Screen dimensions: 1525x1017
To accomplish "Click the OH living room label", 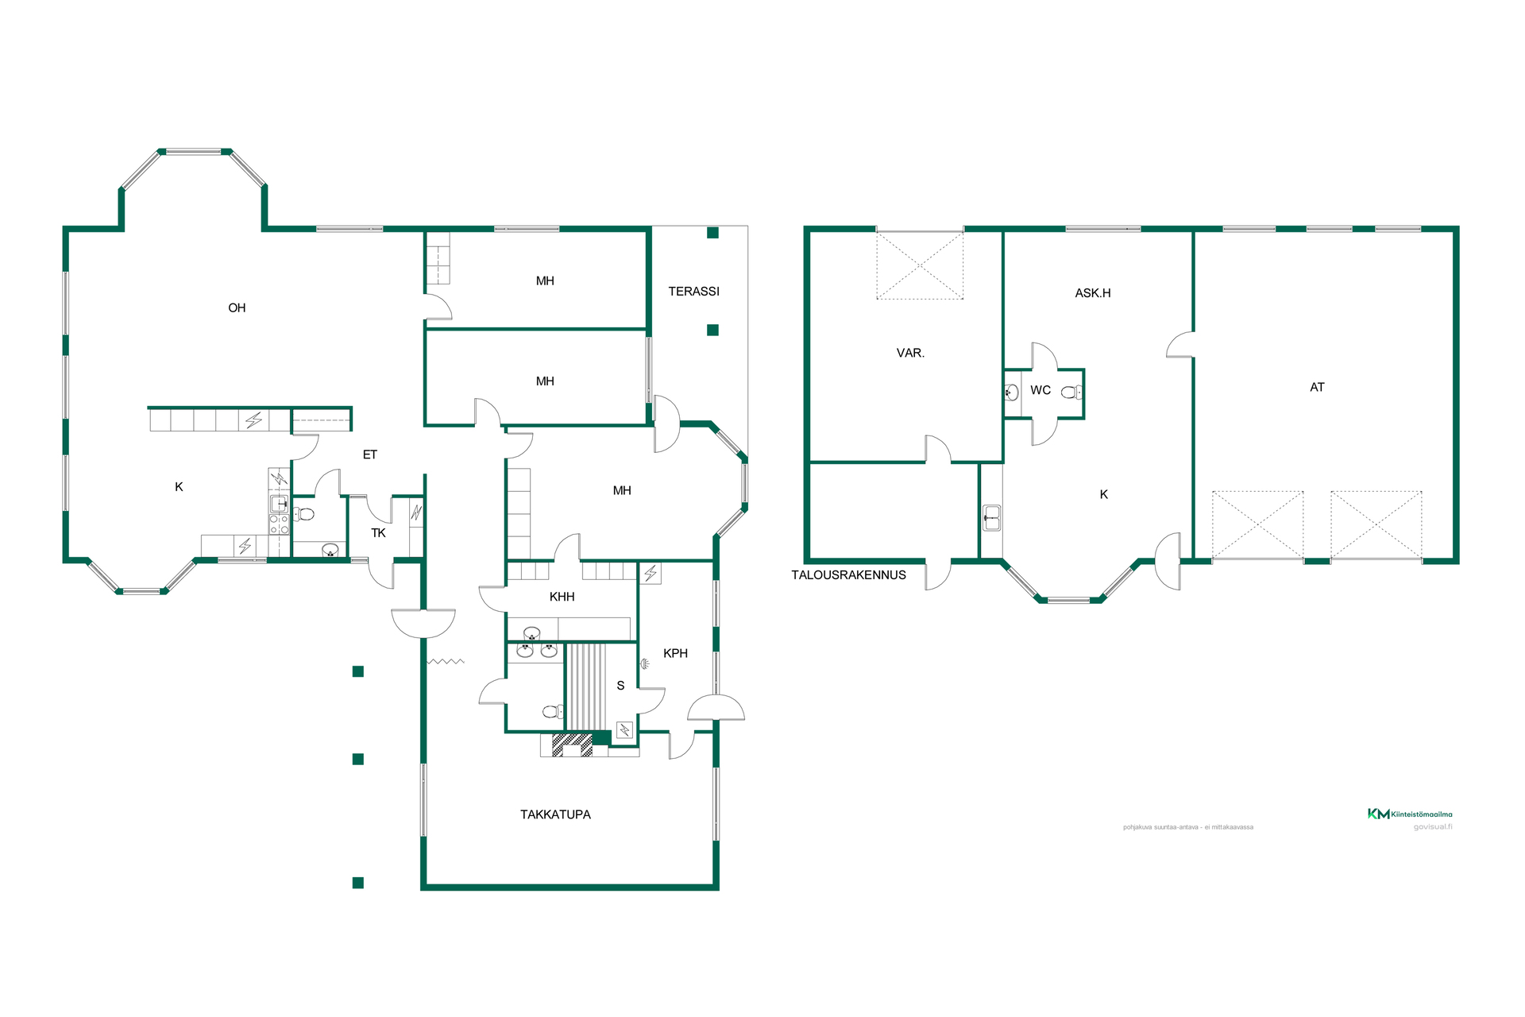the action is tap(237, 308).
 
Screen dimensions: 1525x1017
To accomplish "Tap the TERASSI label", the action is tap(693, 292).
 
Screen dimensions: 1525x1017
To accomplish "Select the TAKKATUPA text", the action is tap(555, 814).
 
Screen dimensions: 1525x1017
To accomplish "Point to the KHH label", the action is tap(562, 597).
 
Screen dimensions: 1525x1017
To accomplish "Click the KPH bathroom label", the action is tap(675, 653).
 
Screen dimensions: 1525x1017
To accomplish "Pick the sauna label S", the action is tap(620, 686).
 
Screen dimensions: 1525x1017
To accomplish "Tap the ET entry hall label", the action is tap(369, 454).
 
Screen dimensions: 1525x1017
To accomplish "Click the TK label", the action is tap(378, 533).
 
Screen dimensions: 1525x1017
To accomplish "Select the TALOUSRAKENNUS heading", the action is tap(848, 575).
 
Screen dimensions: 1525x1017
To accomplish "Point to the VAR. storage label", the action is tap(910, 353).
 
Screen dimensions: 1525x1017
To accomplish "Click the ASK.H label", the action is tap(1093, 293).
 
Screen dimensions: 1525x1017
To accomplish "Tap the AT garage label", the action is tap(1317, 388).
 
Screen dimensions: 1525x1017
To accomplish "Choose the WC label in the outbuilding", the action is tap(1040, 390).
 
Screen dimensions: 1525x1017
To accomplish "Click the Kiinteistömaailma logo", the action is tap(1410, 814).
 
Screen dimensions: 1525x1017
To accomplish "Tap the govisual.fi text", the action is tap(1433, 827).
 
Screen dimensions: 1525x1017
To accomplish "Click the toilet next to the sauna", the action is tap(552, 711).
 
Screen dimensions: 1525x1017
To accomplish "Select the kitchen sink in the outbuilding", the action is tap(991, 518).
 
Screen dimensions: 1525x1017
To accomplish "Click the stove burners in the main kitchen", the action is tap(279, 524).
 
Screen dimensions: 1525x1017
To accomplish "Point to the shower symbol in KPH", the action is tap(645, 663).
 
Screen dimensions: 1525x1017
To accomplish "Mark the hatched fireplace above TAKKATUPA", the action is tap(572, 744).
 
